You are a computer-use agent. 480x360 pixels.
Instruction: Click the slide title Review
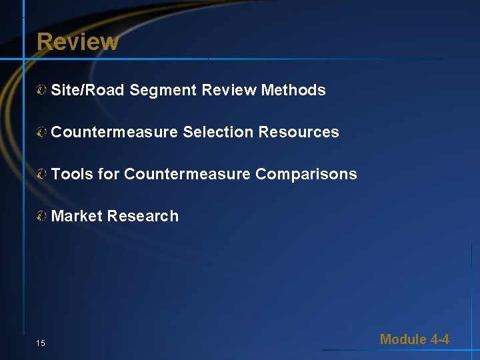77,41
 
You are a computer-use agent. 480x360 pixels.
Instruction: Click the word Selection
218,132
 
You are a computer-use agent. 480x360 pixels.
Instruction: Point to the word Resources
299,132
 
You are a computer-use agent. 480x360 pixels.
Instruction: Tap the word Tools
71,174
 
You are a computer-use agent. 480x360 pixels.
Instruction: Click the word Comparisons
306,174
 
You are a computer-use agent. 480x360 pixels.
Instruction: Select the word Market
76,216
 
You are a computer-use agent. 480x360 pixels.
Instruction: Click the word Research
143,216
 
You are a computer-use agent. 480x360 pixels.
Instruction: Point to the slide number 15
41,343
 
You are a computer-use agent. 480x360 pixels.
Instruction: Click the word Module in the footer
403,339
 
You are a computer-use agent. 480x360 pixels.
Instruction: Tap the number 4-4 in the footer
440,339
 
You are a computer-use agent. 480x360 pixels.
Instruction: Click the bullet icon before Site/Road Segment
42,90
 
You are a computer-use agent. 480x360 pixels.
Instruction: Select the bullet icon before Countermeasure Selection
42,132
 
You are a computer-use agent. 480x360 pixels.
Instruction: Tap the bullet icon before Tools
42,174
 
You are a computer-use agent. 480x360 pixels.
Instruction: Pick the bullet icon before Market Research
42,216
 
